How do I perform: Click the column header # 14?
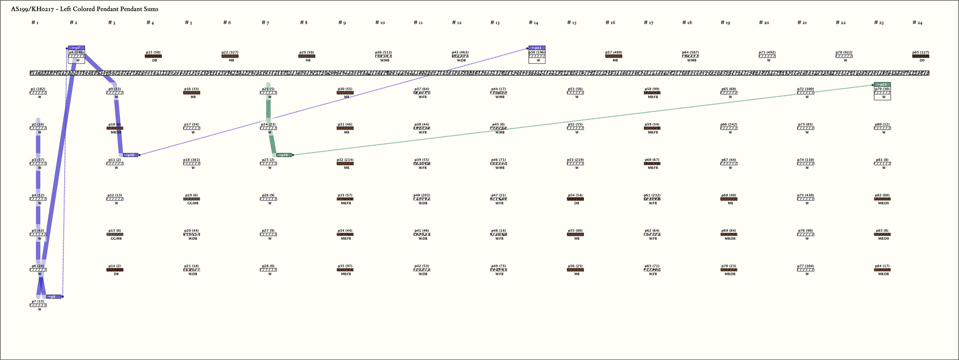[x=533, y=22]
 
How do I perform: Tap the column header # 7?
[x=265, y=22]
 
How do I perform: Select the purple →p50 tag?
[x=130, y=155]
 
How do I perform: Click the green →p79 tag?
[x=284, y=155]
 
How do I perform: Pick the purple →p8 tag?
[x=54, y=297]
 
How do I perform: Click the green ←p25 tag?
[x=882, y=85]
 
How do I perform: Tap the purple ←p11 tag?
[x=537, y=48]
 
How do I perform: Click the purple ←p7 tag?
[x=76, y=48]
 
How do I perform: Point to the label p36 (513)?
[x=383, y=52]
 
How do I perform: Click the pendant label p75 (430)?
[x=805, y=195]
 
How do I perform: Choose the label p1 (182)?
[x=38, y=89]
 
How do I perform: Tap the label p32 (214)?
[x=345, y=160]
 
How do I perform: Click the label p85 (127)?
[x=921, y=52]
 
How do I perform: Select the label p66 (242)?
[x=729, y=125]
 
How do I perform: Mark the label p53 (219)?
[x=575, y=160]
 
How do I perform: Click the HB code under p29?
[x=308, y=60]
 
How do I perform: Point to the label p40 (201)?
[x=421, y=195]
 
